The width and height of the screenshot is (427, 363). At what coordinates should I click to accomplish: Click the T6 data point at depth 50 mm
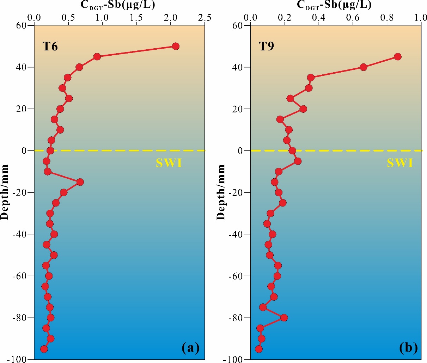[176, 46]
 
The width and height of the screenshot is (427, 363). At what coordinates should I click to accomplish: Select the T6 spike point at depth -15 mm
[80, 182]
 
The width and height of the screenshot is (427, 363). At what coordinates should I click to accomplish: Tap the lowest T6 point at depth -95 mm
[44, 349]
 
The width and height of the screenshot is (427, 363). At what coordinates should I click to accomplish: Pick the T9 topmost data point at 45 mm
[398, 57]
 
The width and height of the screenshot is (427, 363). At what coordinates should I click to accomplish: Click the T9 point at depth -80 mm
[284, 318]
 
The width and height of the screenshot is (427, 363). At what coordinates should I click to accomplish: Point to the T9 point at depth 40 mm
[364, 67]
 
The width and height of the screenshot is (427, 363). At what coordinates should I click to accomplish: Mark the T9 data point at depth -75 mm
[263, 307]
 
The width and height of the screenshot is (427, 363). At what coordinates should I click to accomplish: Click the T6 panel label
[50, 47]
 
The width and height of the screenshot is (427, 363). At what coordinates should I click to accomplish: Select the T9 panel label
[267, 47]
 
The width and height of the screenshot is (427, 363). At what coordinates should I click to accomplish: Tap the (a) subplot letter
[191, 348]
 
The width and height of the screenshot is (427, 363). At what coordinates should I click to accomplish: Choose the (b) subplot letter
[409, 348]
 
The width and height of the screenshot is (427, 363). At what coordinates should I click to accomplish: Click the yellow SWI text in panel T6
[169, 163]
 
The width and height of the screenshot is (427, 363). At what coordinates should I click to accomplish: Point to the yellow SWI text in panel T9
[400, 163]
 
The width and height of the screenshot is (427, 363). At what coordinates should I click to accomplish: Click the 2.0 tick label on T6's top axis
[171, 17]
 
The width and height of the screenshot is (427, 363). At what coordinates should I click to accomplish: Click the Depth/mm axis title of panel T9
[221, 192]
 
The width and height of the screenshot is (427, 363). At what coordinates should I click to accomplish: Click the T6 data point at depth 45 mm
[97, 57]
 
